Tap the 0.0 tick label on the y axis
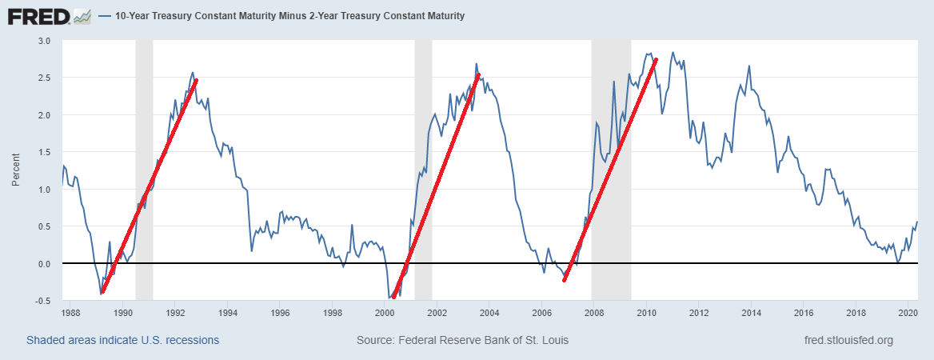tap(44, 264)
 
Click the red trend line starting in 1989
tap(149, 186)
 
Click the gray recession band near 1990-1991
tap(144, 160)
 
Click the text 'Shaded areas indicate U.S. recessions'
tap(122, 340)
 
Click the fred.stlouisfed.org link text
tap(848, 340)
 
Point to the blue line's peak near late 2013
tap(749, 66)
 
